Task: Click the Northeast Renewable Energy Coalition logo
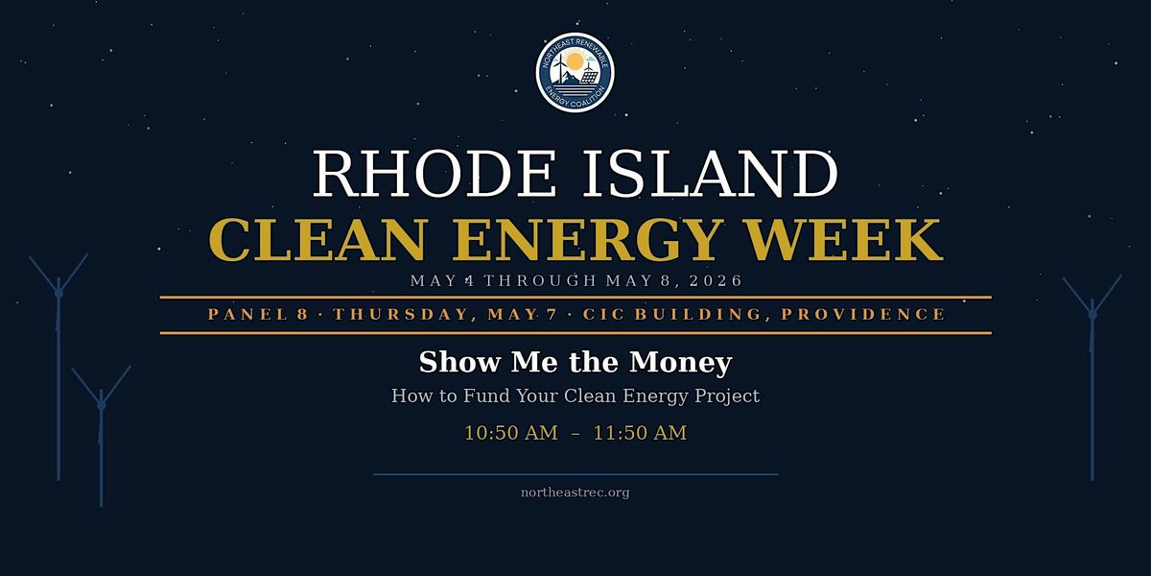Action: pyautogui.click(x=575, y=72)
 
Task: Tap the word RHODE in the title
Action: pyautogui.click(x=435, y=174)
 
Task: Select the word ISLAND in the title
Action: pyautogui.click(x=710, y=174)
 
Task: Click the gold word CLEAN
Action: pyautogui.click(x=317, y=240)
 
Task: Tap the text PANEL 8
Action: pyautogui.click(x=258, y=314)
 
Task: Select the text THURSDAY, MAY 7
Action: pyautogui.click(x=445, y=314)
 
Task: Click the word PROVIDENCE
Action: pyautogui.click(x=862, y=314)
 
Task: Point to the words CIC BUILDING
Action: pyautogui.click(x=672, y=314)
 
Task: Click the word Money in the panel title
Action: pyautogui.click(x=681, y=362)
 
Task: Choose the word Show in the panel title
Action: pyautogui.click(x=459, y=362)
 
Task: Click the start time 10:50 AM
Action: pyautogui.click(x=511, y=433)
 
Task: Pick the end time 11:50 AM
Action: pyautogui.click(x=640, y=433)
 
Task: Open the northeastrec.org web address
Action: pyautogui.click(x=575, y=492)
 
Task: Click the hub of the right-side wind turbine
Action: pyautogui.click(x=1092, y=315)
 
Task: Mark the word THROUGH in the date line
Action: pyautogui.click(x=540, y=280)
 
